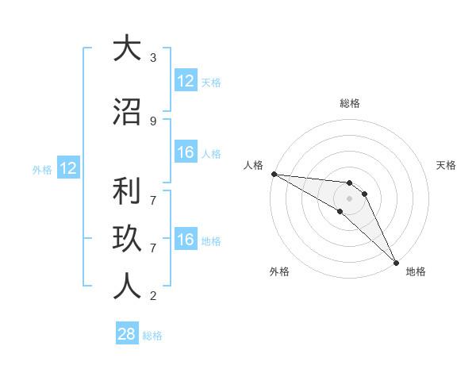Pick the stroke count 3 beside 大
153,57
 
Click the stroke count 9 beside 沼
153,121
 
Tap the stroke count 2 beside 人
153,296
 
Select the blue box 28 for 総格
127,334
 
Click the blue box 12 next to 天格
186,81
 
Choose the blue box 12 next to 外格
67,168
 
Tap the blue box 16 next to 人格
186,152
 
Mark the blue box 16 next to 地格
186,240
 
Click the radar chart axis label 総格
350,103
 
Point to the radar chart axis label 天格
447,165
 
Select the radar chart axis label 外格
279,271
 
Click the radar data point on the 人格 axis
274,174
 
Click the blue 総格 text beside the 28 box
152,336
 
